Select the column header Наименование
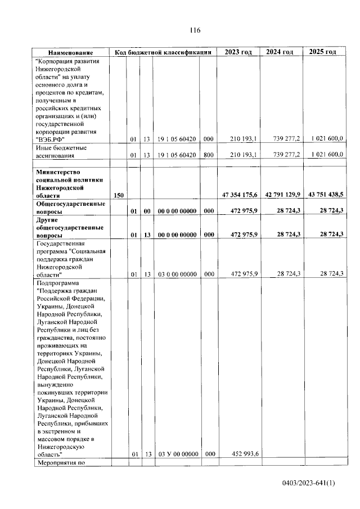[x=70, y=52]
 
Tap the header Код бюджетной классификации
[x=163, y=52]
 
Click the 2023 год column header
[x=238, y=52]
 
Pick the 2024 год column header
[x=280, y=52]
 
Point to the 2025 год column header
[x=323, y=52]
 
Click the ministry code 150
[x=119, y=195]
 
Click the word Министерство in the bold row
[x=58, y=172]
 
